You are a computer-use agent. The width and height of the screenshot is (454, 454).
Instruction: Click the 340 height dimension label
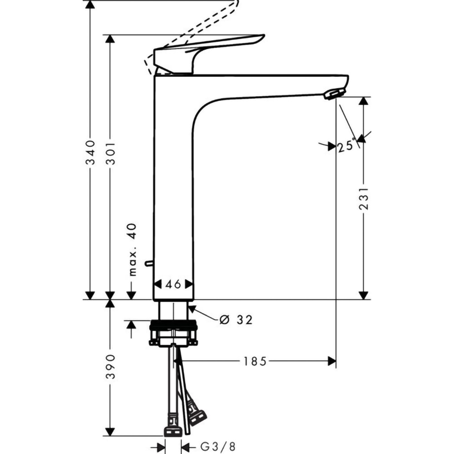pyautogui.click(x=90, y=152)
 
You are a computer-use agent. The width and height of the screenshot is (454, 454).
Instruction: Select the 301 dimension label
pyautogui.click(x=110, y=152)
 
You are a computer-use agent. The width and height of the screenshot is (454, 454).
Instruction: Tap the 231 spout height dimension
pyautogui.click(x=363, y=197)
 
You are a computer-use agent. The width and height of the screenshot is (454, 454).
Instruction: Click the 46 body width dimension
pyautogui.click(x=173, y=284)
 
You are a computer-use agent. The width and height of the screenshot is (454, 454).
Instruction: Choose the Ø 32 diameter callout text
pyautogui.click(x=236, y=320)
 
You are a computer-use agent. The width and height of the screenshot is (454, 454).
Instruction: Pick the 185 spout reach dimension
pyautogui.click(x=254, y=361)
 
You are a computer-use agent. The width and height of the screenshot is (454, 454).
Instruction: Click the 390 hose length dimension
pyautogui.click(x=110, y=367)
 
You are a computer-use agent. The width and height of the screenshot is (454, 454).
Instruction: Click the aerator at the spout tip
pyautogui.click(x=334, y=94)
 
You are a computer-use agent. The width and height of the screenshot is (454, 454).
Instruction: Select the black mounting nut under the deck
pyautogui.click(x=173, y=325)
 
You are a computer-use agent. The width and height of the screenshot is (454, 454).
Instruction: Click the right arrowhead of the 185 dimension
pyautogui.click(x=332, y=361)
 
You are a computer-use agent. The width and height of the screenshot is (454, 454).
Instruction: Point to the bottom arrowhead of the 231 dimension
pyautogui.click(x=363, y=295)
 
